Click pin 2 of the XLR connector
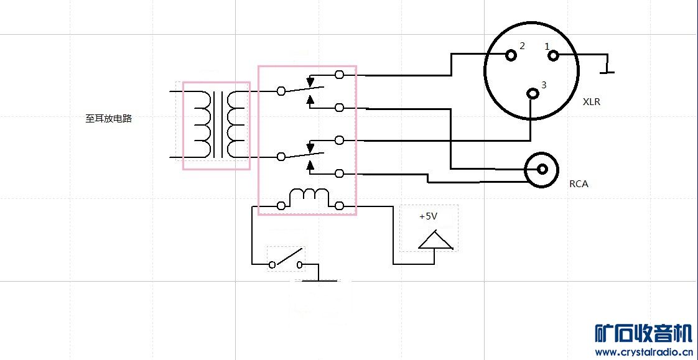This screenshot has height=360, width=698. click(511, 55)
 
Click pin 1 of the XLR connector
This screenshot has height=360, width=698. click(553, 55)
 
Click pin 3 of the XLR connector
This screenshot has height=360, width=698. click(533, 94)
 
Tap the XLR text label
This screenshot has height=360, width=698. click(592, 102)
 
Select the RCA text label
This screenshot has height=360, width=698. click(579, 184)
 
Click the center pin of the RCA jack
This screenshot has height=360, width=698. click(542, 168)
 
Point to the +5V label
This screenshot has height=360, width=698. click(428, 217)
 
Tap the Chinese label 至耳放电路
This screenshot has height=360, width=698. click(109, 118)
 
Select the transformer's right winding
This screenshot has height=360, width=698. click(235, 124)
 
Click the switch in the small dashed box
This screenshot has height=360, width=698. click(286, 259)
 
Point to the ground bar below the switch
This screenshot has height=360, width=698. click(319, 281)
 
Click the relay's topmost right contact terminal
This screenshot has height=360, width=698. click(339, 75)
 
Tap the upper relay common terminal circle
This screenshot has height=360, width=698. click(281, 91)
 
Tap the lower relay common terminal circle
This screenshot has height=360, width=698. click(281, 156)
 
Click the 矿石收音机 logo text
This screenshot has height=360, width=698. click(643, 335)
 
